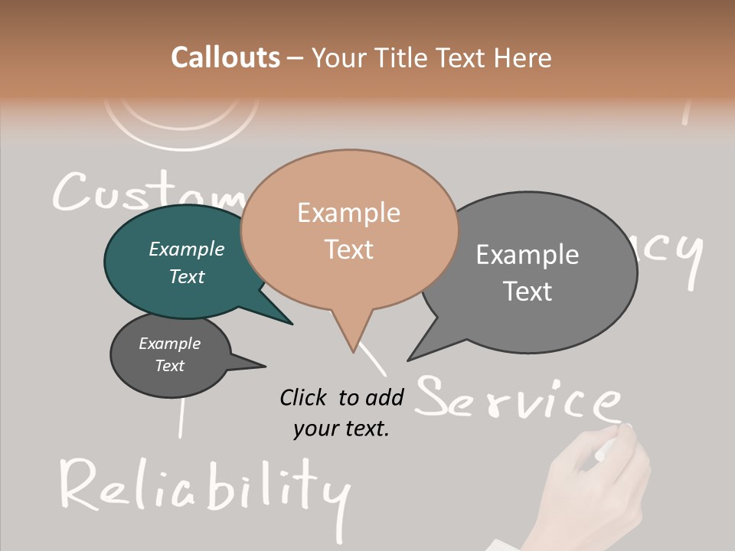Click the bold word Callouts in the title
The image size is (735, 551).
225,57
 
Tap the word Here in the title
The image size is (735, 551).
523,57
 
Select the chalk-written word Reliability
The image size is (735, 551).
203,486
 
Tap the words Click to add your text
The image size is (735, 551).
341,412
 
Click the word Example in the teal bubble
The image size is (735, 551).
187,249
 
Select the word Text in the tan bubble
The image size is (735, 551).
349,249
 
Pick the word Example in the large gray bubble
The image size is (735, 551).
528,255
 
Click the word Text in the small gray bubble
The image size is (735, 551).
170,366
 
